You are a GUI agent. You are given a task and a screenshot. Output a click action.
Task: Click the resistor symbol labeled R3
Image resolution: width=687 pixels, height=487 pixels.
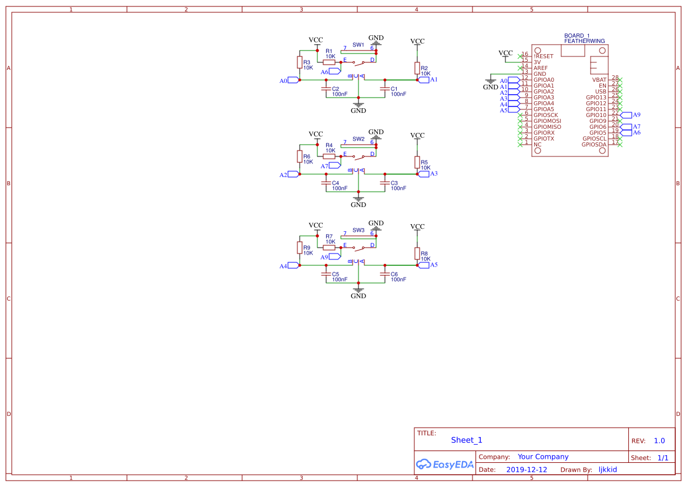pyautogui.click(x=299, y=62)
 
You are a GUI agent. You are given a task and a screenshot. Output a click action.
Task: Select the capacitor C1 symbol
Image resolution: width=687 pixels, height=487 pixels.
pyautogui.click(x=385, y=89)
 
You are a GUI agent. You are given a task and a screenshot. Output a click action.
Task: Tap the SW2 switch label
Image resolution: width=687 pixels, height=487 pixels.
pyautogui.click(x=358, y=139)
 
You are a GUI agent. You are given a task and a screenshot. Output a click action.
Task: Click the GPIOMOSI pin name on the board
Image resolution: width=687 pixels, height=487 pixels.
pyautogui.click(x=547, y=121)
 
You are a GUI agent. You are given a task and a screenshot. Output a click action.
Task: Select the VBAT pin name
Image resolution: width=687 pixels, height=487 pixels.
pyautogui.click(x=599, y=80)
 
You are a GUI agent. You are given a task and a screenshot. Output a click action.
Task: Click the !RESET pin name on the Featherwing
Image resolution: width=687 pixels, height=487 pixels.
pyautogui.click(x=544, y=56)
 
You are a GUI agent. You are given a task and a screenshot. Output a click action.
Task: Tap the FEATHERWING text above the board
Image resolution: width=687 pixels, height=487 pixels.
pyautogui.click(x=584, y=41)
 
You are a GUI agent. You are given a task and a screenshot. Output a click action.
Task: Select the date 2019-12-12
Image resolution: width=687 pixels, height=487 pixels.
pyautogui.click(x=527, y=470)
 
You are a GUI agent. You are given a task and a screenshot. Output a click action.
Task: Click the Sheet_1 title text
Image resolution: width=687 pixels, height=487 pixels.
pyautogui.click(x=467, y=440)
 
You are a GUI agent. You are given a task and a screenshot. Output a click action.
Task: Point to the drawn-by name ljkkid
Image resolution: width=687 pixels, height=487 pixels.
pyautogui.click(x=607, y=470)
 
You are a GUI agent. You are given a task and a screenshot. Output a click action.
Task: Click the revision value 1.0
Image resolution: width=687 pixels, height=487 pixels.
pyautogui.click(x=659, y=441)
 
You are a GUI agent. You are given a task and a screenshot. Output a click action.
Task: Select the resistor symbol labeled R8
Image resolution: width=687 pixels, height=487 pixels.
pyautogui.click(x=417, y=253)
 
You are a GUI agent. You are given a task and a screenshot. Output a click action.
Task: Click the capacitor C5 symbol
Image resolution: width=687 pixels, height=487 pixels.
pyautogui.click(x=326, y=274)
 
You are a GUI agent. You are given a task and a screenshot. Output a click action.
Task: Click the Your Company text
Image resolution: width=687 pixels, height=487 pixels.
pyautogui.click(x=543, y=456)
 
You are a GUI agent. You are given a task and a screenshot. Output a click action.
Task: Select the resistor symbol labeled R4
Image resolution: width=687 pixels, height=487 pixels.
pyautogui.click(x=329, y=156)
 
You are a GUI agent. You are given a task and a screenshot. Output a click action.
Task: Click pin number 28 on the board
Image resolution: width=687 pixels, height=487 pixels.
pyautogui.click(x=615, y=78)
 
